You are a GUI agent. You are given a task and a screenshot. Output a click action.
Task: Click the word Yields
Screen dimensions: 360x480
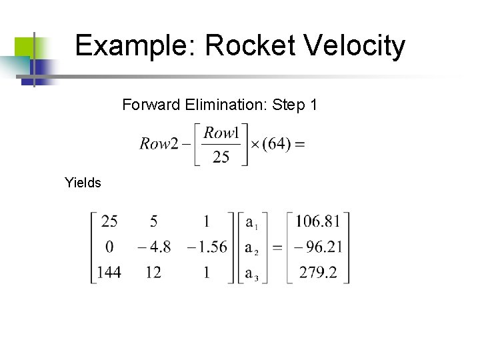pyautogui.click(x=83, y=182)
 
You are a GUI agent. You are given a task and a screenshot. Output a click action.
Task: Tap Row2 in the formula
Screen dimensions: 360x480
pyautogui.click(x=159, y=144)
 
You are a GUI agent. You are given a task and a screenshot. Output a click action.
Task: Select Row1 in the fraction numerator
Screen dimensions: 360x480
pyautogui.click(x=221, y=133)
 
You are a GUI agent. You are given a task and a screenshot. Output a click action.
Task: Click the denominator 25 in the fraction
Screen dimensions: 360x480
pyautogui.click(x=221, y=157)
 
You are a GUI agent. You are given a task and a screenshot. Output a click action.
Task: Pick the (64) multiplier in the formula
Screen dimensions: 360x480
pyautogui.click(x=277, y=144)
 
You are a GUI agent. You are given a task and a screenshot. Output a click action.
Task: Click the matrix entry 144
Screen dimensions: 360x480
pyautogui.click(x=108, y=272)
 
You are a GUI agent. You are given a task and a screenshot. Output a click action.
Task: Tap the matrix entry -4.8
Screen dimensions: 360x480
pyautogui.click(x=154, y=247)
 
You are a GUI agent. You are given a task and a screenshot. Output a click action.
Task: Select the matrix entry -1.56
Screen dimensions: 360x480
pyautogui.click(x=207, y=247)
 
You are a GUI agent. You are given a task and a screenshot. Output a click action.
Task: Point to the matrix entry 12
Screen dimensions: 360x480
pyautogui.click(x=153, y=272)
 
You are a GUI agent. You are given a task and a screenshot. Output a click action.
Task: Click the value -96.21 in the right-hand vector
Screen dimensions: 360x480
pyautogui.click(x=315, y=247)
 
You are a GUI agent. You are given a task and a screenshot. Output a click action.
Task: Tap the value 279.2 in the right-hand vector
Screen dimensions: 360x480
pyautogui.click(x=318, y=272)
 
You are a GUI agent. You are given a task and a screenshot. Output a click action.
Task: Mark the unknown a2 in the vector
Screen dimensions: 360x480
pyautogui.click(x=251, y=248)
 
